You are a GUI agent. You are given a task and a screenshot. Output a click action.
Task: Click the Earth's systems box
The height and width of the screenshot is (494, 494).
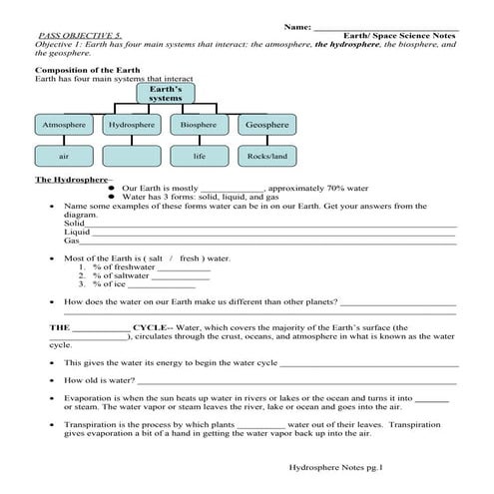tap(165, 95)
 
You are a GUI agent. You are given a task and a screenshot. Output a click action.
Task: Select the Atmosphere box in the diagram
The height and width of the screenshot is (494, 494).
tap(64, 125)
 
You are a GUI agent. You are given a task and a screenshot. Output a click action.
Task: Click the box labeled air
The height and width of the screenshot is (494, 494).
tap(64, 156)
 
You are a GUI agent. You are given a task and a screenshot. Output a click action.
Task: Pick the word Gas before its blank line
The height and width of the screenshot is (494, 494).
tap(71, 241)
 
